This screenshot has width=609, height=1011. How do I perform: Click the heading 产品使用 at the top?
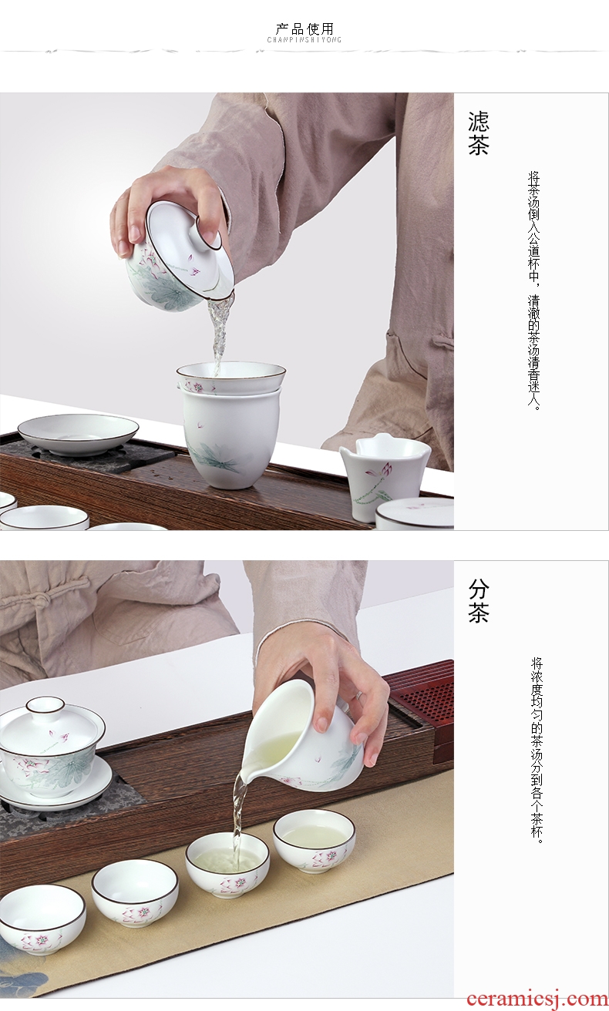[304, 29]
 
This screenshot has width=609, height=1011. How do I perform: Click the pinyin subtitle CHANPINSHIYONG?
[304, 40]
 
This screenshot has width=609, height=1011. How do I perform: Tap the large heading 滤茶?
[479, 133]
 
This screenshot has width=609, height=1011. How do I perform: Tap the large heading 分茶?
[479, 601]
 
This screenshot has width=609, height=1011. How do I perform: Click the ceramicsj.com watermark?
[537, 999]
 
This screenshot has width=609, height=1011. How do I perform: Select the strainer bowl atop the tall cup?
[230, 378]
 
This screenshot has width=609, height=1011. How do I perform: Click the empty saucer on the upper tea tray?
[78, 430]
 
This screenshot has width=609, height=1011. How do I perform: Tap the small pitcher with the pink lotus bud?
[384, 469]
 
